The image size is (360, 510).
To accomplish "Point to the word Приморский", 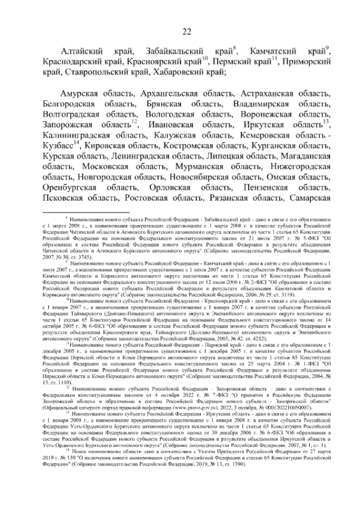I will pos(308,61).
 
